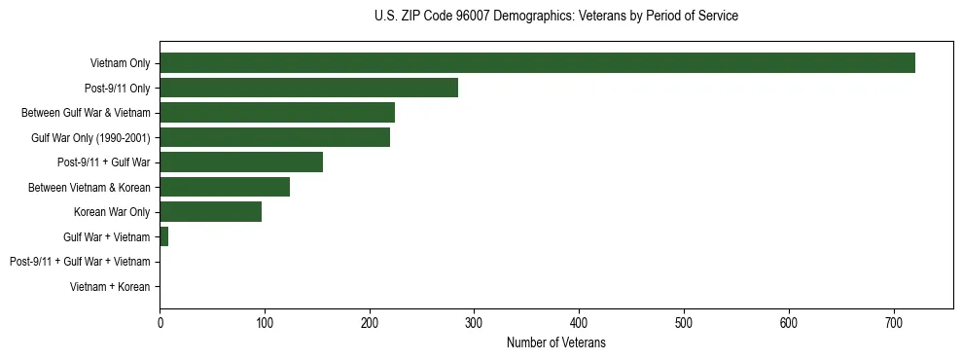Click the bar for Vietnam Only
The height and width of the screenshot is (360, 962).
[x=537, y=63]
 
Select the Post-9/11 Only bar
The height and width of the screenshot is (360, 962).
[x=308, y=88]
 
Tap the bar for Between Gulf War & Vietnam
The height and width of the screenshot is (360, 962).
[x=277, y=113]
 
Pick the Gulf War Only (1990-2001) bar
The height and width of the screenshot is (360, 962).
[x=274, y=137]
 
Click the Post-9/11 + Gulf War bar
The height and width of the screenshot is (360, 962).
[x=241, y=162]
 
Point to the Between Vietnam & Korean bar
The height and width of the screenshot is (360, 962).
[x=225, y=187]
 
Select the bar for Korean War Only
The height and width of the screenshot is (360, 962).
[x=210, y=212]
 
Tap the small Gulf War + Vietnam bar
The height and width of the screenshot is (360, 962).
[x=164, y=236]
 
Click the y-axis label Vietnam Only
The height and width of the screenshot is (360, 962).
[x=120, y=63]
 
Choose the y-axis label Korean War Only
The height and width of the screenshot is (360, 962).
[x=112, y=212]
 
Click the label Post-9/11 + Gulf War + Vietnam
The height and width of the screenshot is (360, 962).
[x=80, y=262]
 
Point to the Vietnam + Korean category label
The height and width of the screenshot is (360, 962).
[x=110, y=287]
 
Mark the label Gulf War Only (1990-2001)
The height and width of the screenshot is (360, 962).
[x=90, y=138]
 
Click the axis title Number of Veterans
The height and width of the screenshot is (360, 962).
[x=555, y=342]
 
